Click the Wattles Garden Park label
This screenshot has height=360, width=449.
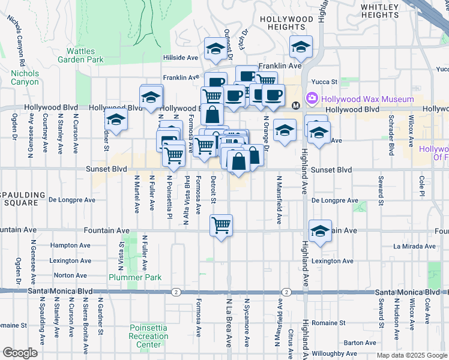pos(81,55)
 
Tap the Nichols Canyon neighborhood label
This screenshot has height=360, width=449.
pos(25,77)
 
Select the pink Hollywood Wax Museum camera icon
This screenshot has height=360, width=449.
pos(312,98)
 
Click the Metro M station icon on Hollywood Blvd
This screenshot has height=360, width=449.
pos(295,106)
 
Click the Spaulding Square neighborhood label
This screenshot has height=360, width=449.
pos(22,200)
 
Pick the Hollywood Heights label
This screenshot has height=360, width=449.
pos(286,23)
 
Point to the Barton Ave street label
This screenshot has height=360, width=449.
pos(360,343)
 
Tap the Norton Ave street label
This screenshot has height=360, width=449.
pos(70,276)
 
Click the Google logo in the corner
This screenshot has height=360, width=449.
pos(20,353)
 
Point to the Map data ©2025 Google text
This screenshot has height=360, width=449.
pos(412,355)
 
